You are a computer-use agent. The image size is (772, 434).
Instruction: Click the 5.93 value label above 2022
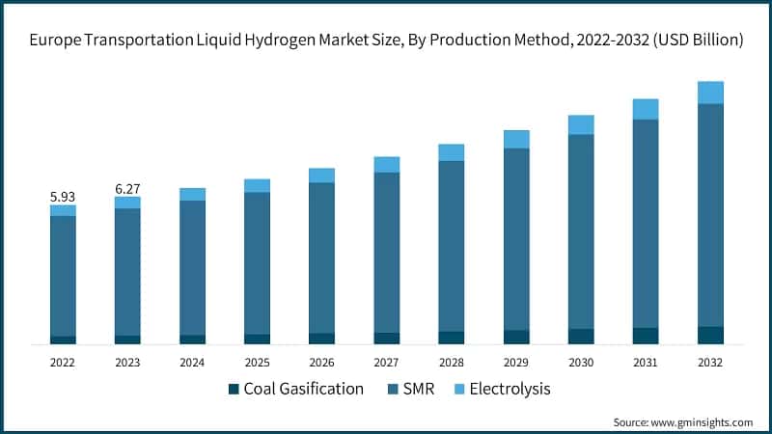[x=63, y=197]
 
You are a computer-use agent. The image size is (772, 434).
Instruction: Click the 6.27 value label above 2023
[x=127, y=189]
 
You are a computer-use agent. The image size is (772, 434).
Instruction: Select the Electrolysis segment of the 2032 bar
[x=710, y=93]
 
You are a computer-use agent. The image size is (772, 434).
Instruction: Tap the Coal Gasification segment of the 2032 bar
[x=710, y=335]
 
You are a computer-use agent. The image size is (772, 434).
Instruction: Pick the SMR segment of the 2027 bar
[x=386, y=252]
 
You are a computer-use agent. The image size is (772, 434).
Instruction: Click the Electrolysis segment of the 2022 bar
[x=63, y=210]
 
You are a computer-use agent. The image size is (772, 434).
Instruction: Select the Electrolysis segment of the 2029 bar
[x=516, y=140]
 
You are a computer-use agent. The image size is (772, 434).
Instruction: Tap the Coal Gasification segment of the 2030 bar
[x=581, y=336]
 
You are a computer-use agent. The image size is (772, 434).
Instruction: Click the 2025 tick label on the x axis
[x=257, y=363]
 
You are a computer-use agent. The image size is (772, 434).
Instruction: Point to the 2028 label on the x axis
[x=451, y=363]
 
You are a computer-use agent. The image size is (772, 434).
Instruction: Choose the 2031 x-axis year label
[x=646, y=363]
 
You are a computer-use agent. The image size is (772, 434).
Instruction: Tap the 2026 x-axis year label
[x=321, y=363]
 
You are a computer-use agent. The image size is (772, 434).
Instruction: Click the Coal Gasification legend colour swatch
[x=233, y=390]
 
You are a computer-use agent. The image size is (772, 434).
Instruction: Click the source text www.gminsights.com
[x=702, y=422]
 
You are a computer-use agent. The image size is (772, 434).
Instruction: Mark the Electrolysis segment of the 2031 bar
[x=646, y=109]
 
